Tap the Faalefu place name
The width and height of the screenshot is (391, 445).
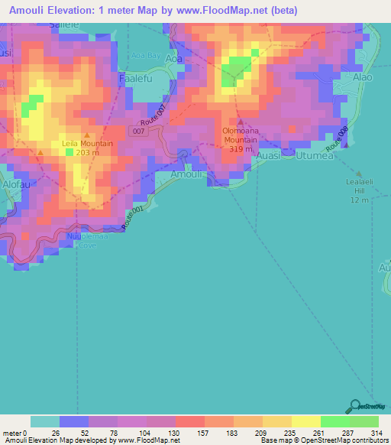pyautogui.click(x=137, y=78)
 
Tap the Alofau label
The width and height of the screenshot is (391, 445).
pyautogui.click(x=15, y=184)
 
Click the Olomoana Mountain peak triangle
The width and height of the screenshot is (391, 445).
pyautogui.click(x=241, y=122)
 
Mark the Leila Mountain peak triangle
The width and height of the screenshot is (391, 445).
pyautogui.click(x=86, y=135)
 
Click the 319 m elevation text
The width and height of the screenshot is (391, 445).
pyautogui.click(x=239, y=149)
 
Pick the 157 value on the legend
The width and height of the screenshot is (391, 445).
pyautogui.click(x=189, y=433)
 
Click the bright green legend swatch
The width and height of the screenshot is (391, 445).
pyautogui.click(x=334, y=421)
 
